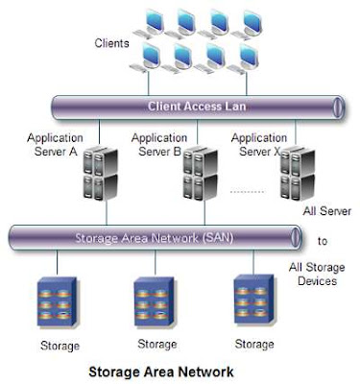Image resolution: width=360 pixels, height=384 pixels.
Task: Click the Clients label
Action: pos(111,44)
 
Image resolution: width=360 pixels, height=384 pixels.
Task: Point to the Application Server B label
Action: pos(158,144)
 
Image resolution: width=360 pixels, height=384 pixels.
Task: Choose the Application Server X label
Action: pos(259,144)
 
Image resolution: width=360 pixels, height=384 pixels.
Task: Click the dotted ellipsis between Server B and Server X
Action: pos(249,192)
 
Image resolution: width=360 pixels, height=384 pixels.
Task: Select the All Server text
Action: pos(327,211)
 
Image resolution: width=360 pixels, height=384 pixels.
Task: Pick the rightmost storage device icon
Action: pos(253,299)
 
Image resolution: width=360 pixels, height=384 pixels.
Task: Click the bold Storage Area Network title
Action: pos(160,370)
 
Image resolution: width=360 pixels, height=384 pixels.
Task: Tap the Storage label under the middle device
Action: pos(156,344)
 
